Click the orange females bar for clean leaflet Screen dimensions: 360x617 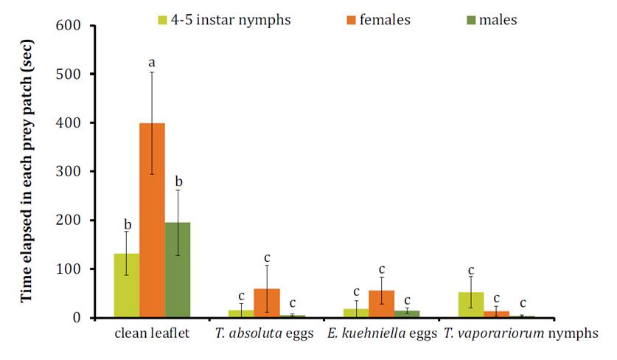[152, 221]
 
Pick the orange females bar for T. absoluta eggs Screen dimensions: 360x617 [267, 303]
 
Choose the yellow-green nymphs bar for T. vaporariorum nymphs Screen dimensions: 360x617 [470, 305]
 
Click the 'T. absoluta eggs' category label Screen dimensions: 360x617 [266, 334]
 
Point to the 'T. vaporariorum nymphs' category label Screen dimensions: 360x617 [520, 334]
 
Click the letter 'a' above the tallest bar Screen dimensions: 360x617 [152, 63]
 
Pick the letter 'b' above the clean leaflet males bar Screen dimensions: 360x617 [178, 181]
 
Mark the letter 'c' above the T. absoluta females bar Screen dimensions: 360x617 [267, 257]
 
